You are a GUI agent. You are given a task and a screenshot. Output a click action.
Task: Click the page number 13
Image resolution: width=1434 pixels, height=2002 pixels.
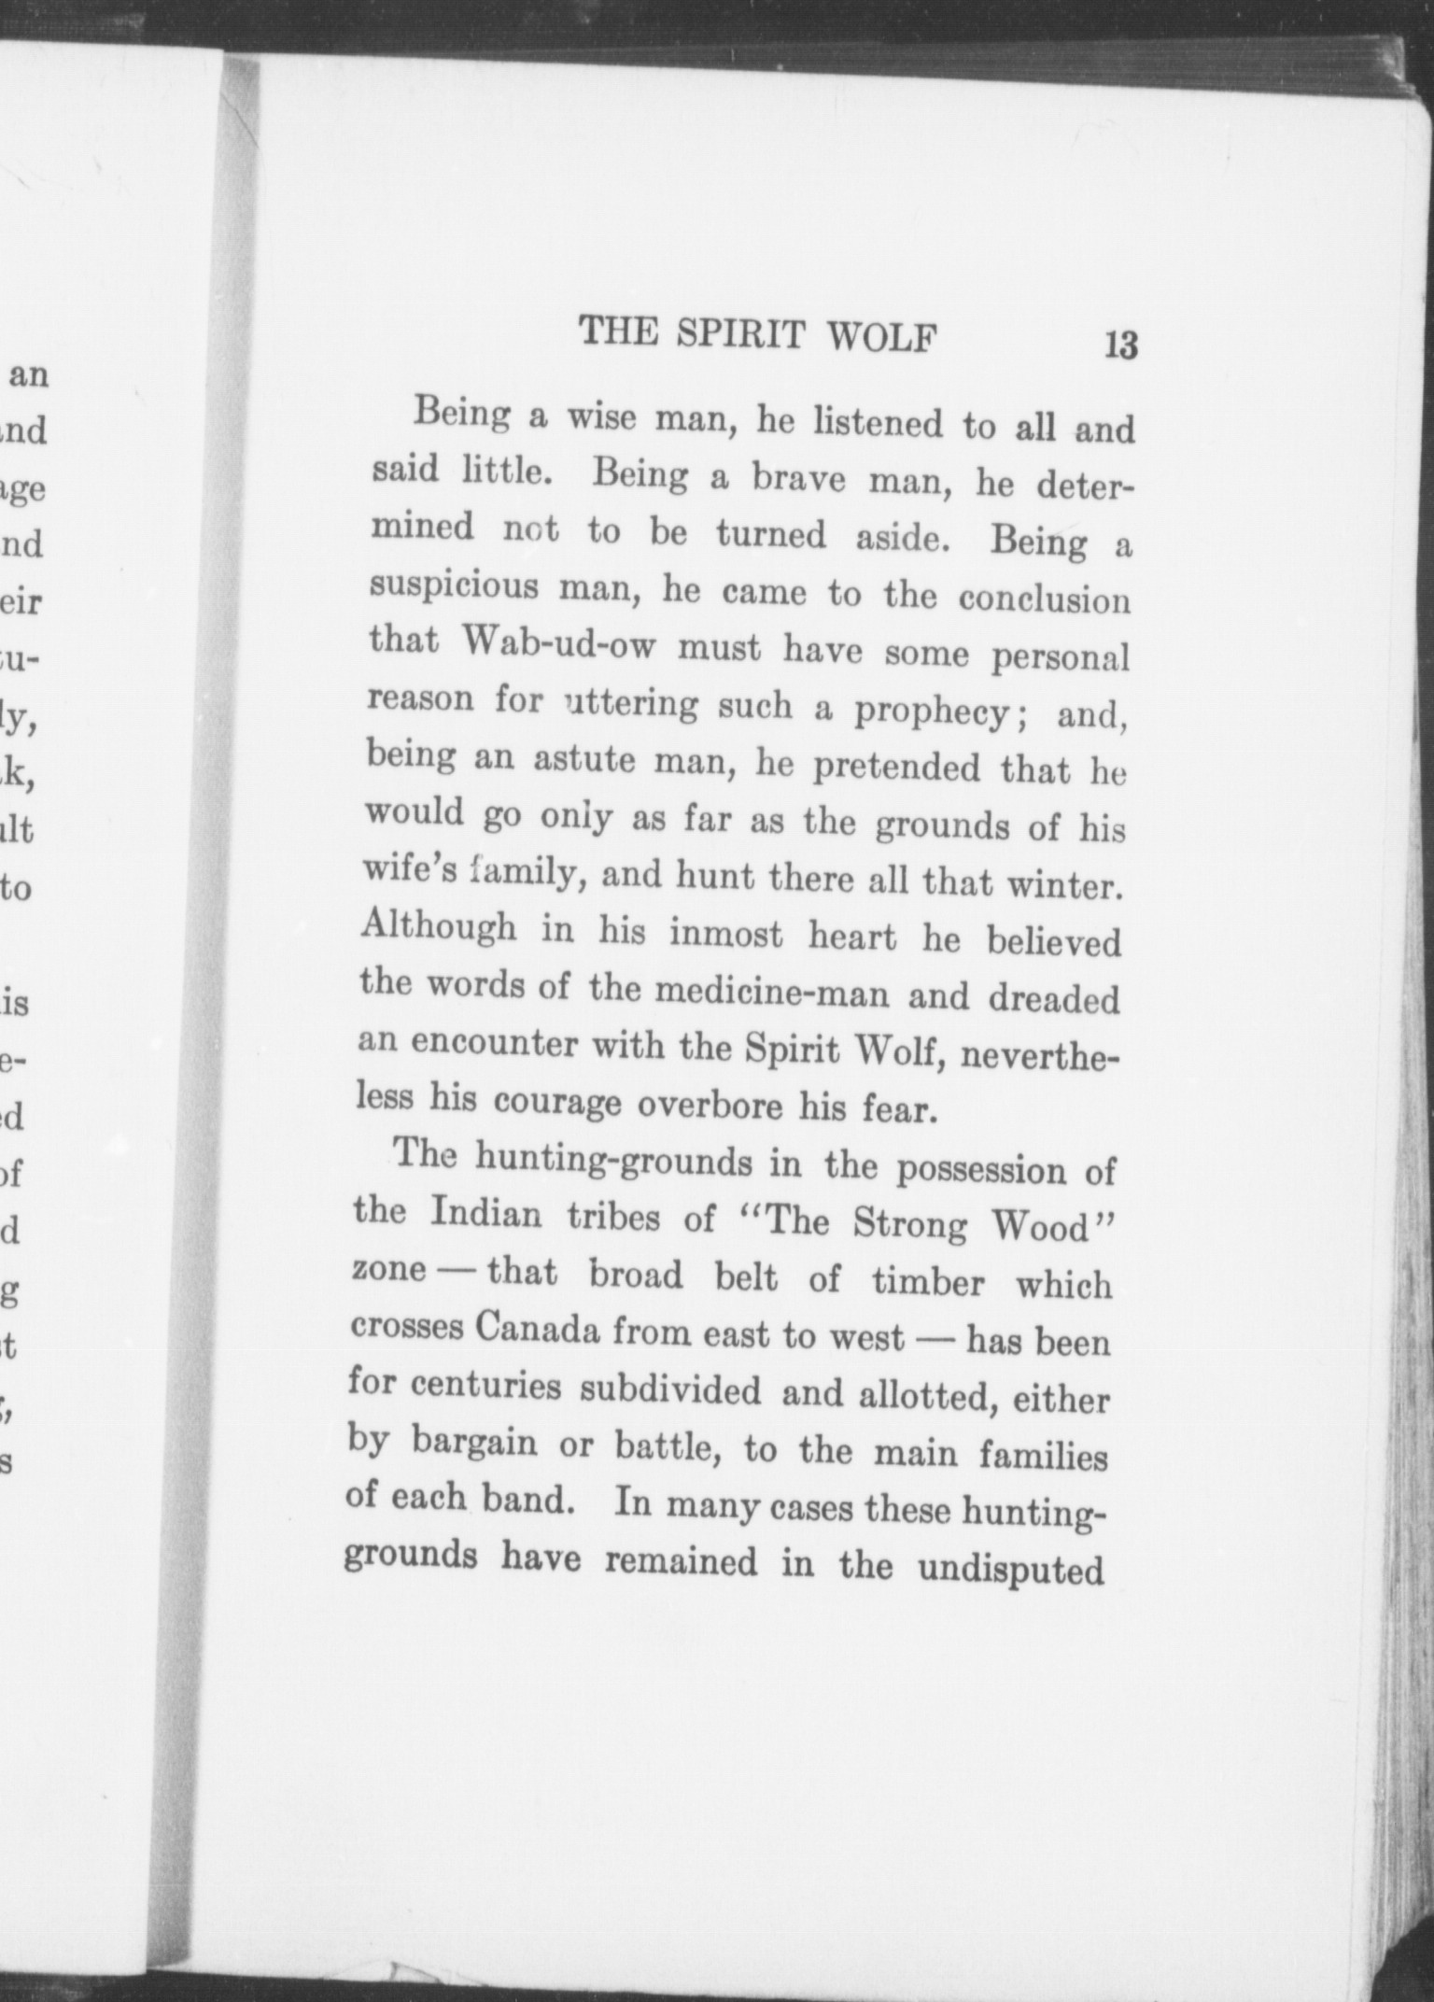tap(1120, 345)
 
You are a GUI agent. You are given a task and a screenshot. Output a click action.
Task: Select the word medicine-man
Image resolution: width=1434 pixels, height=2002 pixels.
tap(771, 993)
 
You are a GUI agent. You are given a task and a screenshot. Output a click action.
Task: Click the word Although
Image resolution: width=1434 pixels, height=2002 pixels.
tap(438, 926)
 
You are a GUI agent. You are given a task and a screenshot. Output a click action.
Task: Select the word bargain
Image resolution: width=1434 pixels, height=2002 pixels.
tap(474, 1444)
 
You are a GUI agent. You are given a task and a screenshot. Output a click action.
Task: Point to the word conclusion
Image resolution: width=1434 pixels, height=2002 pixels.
tap(1044, 599)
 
